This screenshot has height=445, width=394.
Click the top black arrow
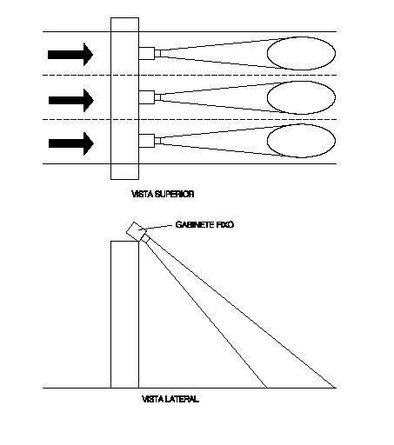coord(70,55)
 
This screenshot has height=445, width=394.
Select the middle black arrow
coord(71,101)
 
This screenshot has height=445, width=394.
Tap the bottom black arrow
coord(71,143)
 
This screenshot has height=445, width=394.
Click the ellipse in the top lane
coord(267,54)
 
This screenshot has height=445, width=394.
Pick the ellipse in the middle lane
coord(267,97)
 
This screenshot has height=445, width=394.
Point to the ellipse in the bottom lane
coord(267,141)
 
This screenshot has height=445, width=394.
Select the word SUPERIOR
coord(174,194)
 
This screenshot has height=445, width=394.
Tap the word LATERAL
coord(182,399)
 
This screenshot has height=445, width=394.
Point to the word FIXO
coord(225,224)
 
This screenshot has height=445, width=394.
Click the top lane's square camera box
coord(146,53)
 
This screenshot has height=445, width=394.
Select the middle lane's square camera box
coord(146,97)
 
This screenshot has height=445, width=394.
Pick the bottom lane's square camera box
coord(146,141)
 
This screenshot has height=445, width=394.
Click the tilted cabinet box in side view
coord(137,231)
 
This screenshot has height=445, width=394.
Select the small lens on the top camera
coord(157,53)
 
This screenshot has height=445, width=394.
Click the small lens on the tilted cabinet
coord(145,238)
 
